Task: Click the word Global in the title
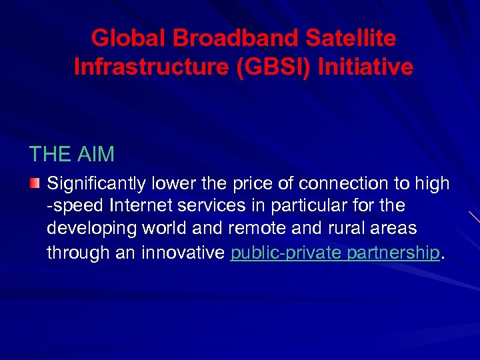tap(129, 38)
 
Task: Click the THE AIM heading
tap(72, 155)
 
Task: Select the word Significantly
tap(99, 184)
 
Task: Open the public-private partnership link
tap(335, 253)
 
